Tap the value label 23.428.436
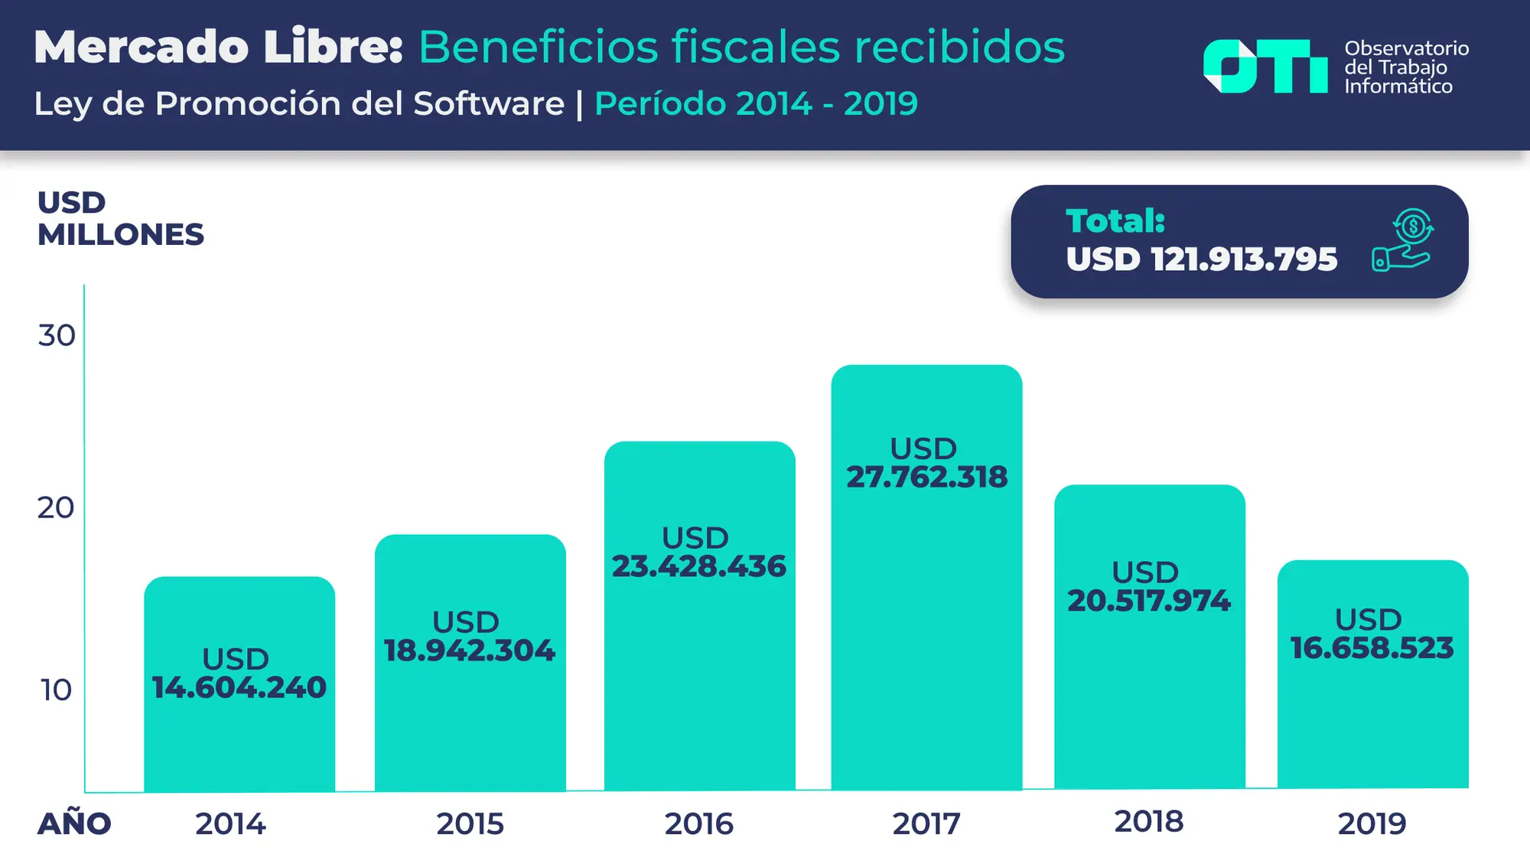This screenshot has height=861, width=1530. pyautogui.click(x=699, y=566)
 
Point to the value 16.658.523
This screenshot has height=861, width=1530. pyautogui.click(x=1372, y=648)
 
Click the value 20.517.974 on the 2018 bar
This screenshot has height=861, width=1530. pyautogui.click(x=1149, y=601)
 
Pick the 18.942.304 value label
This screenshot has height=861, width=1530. pyautogui.click(x=469, y=651)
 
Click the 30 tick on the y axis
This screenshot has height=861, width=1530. pyautogui.click(x=57, y=335)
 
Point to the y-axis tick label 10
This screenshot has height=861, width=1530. pyautogui.click(x=57, y=690)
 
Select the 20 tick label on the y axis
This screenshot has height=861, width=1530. pyautogui.click(x=56, y=507)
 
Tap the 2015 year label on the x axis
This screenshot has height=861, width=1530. pyautogui.click(x=470, y=824)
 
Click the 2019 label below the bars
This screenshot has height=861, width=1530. pyautogui.click(x=1372, y=824)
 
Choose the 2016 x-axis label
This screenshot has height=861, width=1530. pyautogui.click(x=698, y=824)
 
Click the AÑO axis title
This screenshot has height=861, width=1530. pyautogui.click(x=74, y=823)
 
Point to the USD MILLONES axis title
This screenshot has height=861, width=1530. pyautogui.click(x=120, y=219)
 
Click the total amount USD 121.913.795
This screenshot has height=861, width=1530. pyautogui.click(x=1201, y=259)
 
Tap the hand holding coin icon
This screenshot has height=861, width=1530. pyautogui.click(x=1402, y=240)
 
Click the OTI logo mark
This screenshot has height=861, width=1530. pyautogui.click(x=1265, y=67)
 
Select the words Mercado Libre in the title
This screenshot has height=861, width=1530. pyautogui.click(x=218, y=47)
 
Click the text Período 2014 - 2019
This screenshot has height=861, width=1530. pyautogui.click(x=756, y=104)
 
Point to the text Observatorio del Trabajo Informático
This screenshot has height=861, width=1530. pyautogui.click(x=1406, y=67)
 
